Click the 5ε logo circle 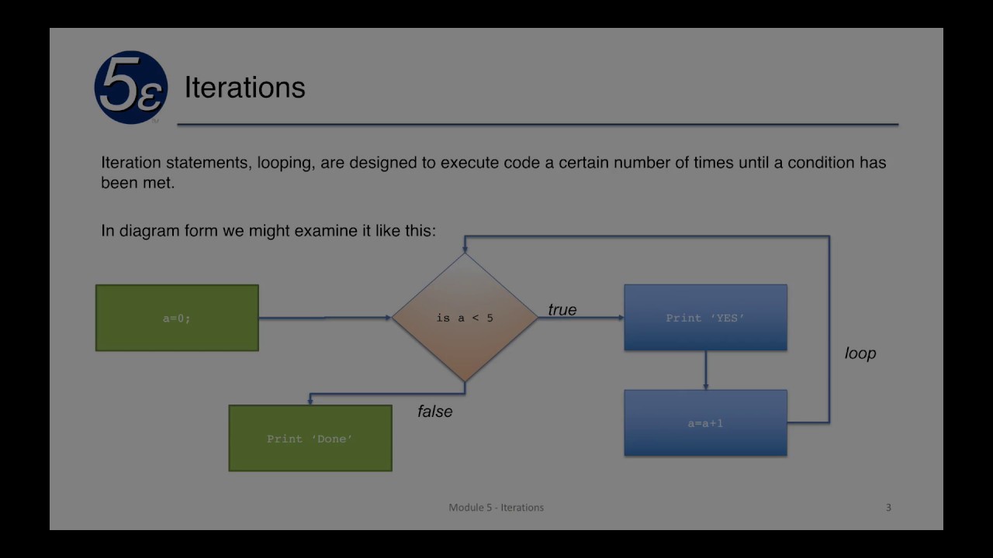(x=130, y=87)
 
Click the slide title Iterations (x=244, y=88)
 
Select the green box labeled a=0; (x=177, y=318)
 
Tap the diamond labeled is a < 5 (x=465, y=318)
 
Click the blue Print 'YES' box (x=705, y=318)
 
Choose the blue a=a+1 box (x=705, y=423)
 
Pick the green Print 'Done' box (x=310, y=439)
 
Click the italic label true (x=562, y=310)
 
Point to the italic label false (x=434, y=412)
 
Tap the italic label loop (x=860, y=353)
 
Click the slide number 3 (x=888, y=508)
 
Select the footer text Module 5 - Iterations (x=496, y=508)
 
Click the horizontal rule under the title (x=537, y=124)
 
